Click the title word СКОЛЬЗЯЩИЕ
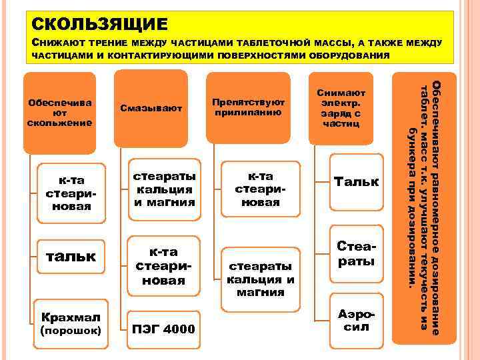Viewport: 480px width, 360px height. [x=100, y=25]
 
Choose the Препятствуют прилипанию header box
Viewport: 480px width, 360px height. [x=248, y=107]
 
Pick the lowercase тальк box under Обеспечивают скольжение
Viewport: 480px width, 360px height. [x=69, y=257]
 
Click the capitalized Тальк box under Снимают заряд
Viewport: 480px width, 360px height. [x=356, y=181]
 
